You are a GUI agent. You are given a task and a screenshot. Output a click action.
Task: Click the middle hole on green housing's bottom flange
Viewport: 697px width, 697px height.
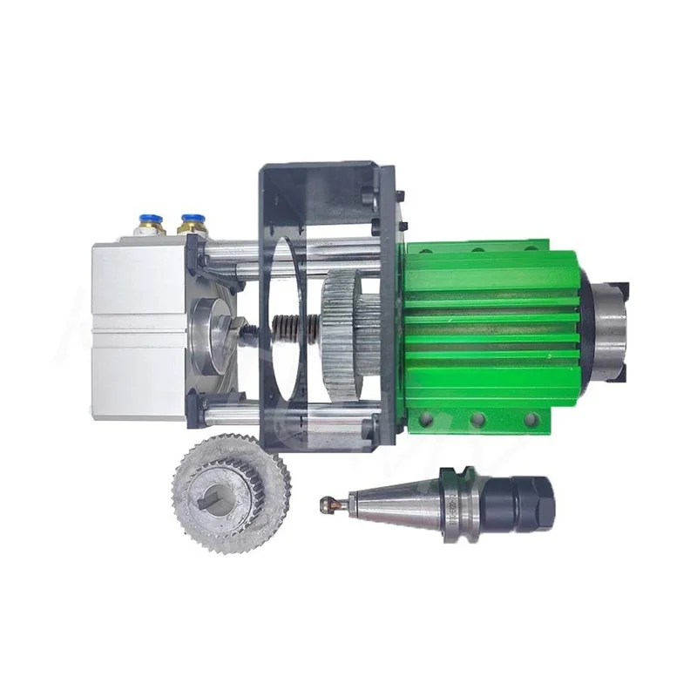click(x=477, y=421)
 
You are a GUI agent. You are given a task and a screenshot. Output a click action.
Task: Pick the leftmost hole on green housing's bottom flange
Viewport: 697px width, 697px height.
click(x=426, y=421)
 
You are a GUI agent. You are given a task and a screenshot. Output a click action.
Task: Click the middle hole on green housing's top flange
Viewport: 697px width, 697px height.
click(x=477, y=250)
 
